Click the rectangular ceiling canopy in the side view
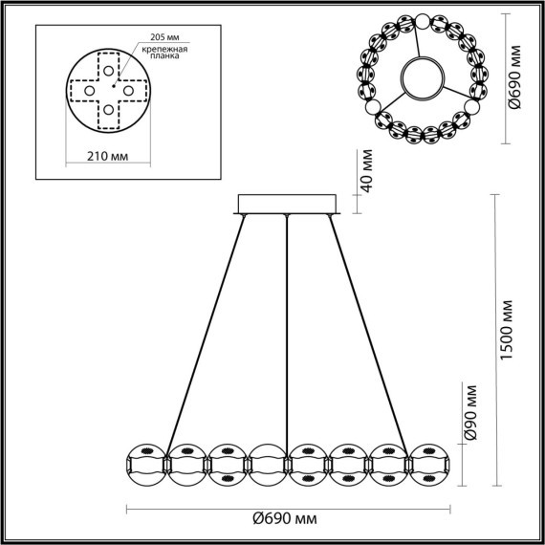[x=287, y=205]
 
